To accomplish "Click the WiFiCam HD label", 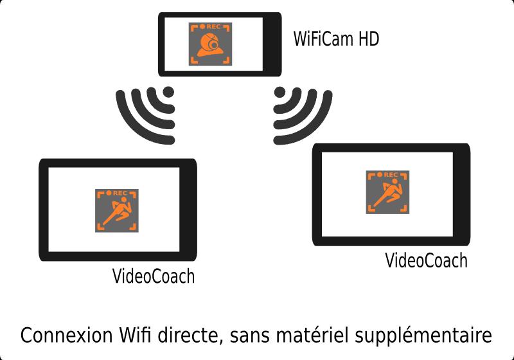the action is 336,39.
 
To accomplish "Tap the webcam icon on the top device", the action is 211,44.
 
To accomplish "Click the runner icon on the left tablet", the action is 117,210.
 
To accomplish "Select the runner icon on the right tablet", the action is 387,192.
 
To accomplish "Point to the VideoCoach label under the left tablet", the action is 154,276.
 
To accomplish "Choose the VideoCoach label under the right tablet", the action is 426,260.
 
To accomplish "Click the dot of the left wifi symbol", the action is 168,92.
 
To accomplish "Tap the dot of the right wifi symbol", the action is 279,92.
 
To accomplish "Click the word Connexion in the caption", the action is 67,335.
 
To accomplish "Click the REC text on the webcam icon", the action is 213,26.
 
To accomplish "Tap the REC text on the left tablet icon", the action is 120,193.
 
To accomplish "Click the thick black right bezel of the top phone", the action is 272,44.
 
